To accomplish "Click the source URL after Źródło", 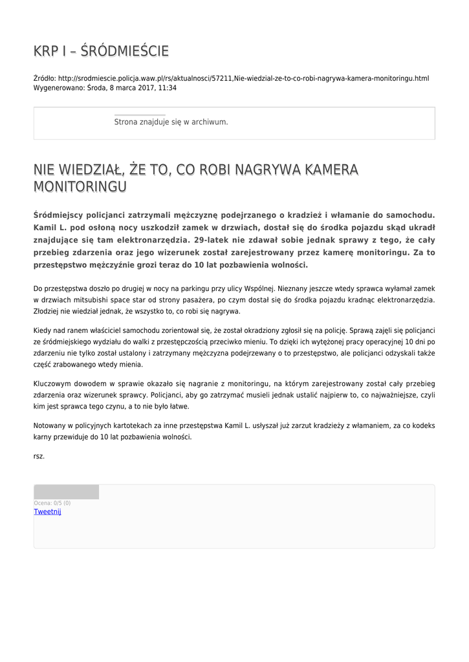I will click(x=243, y=78).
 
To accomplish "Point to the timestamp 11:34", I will click(x=168, y=88).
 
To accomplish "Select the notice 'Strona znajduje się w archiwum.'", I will click(x=171, y=122).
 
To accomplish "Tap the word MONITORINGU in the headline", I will click(x=80, y=186).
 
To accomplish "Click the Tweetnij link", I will click(x=47, y=511).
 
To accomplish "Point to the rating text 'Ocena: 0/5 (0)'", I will click(x=52, y=503).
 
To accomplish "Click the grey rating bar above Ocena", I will click(x=66, y=492).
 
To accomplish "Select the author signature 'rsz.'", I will click(x=39, y=456).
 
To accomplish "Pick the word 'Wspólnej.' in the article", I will click(x=260, y=288).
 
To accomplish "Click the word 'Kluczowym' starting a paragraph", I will click(x=54, y=383).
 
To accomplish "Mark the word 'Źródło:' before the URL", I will click(x=45, y=78).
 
